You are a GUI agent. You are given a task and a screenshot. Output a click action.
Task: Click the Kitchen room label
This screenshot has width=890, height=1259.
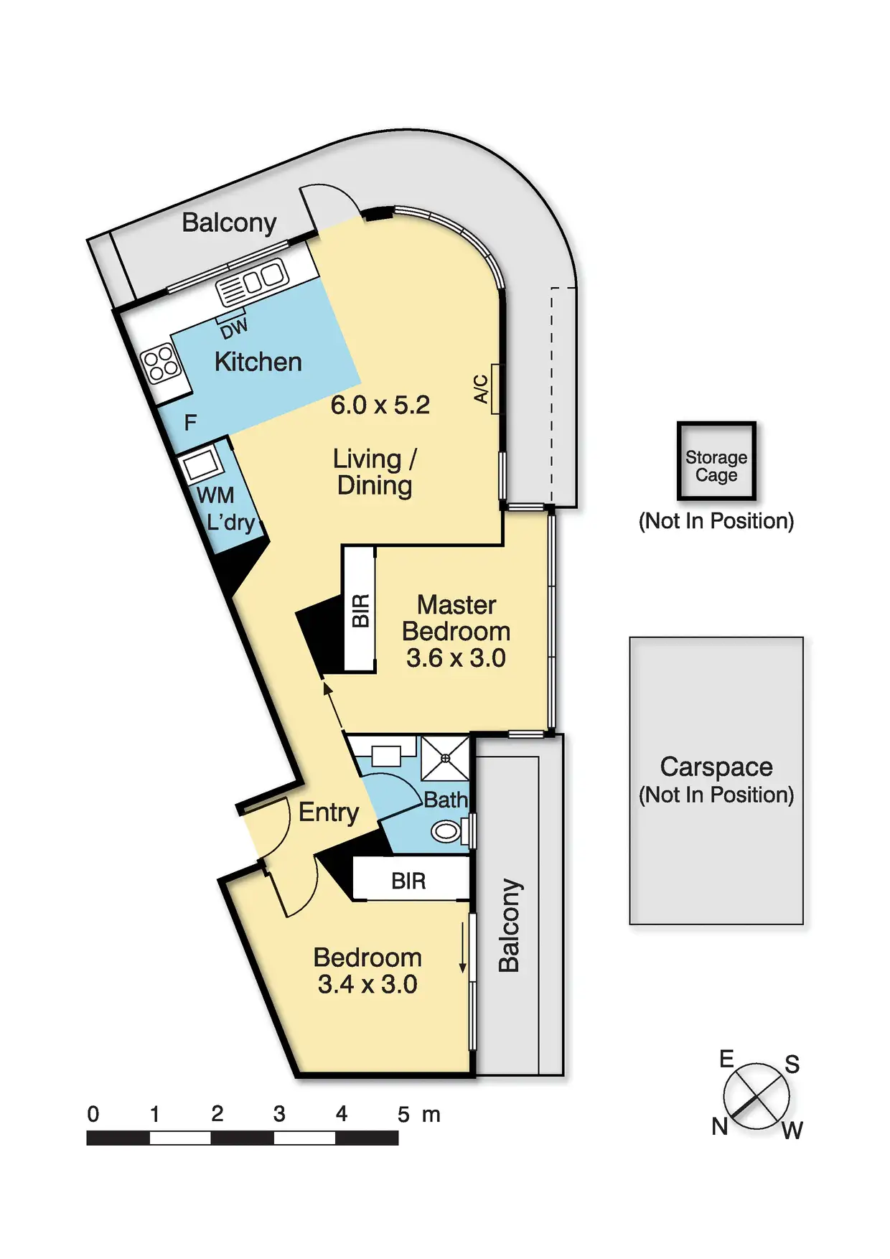pos(258,362)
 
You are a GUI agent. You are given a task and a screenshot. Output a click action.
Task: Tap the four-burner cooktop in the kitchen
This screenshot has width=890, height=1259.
pos(161,363)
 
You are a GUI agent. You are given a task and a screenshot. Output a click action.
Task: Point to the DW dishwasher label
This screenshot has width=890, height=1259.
pos(234,328)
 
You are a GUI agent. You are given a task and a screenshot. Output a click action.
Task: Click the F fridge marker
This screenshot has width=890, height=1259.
pos(190,422)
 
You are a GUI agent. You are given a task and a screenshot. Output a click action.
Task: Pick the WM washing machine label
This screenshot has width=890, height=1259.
pos(215,495)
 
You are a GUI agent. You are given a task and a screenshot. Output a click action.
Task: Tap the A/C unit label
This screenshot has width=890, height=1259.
pos(482,388)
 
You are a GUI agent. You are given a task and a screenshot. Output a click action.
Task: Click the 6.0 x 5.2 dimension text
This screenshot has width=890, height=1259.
pos(380,406)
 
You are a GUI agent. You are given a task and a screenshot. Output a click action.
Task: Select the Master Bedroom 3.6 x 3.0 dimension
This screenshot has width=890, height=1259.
pos(456,658)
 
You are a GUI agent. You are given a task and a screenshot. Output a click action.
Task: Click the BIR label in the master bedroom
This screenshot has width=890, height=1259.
pos(360,610)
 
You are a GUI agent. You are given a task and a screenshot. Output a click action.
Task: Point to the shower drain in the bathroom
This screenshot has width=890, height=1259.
pos(445,758)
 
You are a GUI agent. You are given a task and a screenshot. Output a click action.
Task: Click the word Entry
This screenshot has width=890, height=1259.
pos(328,813)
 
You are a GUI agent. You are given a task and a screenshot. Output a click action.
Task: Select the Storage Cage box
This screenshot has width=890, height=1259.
pos(716,461)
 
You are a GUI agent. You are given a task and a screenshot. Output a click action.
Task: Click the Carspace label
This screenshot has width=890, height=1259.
pos(716,767)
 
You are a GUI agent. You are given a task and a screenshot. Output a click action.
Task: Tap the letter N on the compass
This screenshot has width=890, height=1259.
pos(720,1126)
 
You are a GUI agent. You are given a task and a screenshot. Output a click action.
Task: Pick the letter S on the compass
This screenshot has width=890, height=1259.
pos(792,1064)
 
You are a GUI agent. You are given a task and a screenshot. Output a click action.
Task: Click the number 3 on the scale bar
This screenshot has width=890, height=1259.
pos(279,1114)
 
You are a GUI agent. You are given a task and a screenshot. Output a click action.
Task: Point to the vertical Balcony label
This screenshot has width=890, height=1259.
pos(509,925)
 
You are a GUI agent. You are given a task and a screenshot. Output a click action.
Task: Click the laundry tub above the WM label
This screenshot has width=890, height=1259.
pos(202,465)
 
